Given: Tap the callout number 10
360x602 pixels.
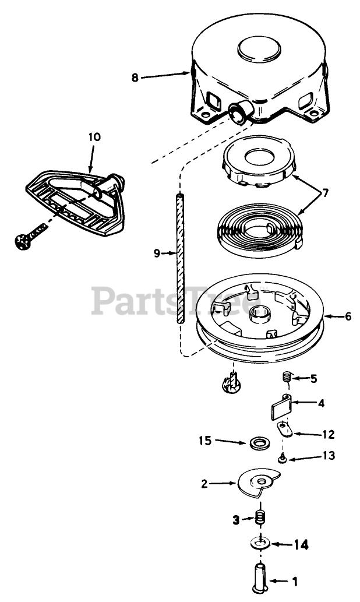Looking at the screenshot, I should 94,138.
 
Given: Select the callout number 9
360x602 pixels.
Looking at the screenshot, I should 157,254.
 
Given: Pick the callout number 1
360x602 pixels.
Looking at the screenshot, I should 294,581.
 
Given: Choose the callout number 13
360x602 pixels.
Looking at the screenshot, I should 312,456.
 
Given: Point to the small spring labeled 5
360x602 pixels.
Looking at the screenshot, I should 287,378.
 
